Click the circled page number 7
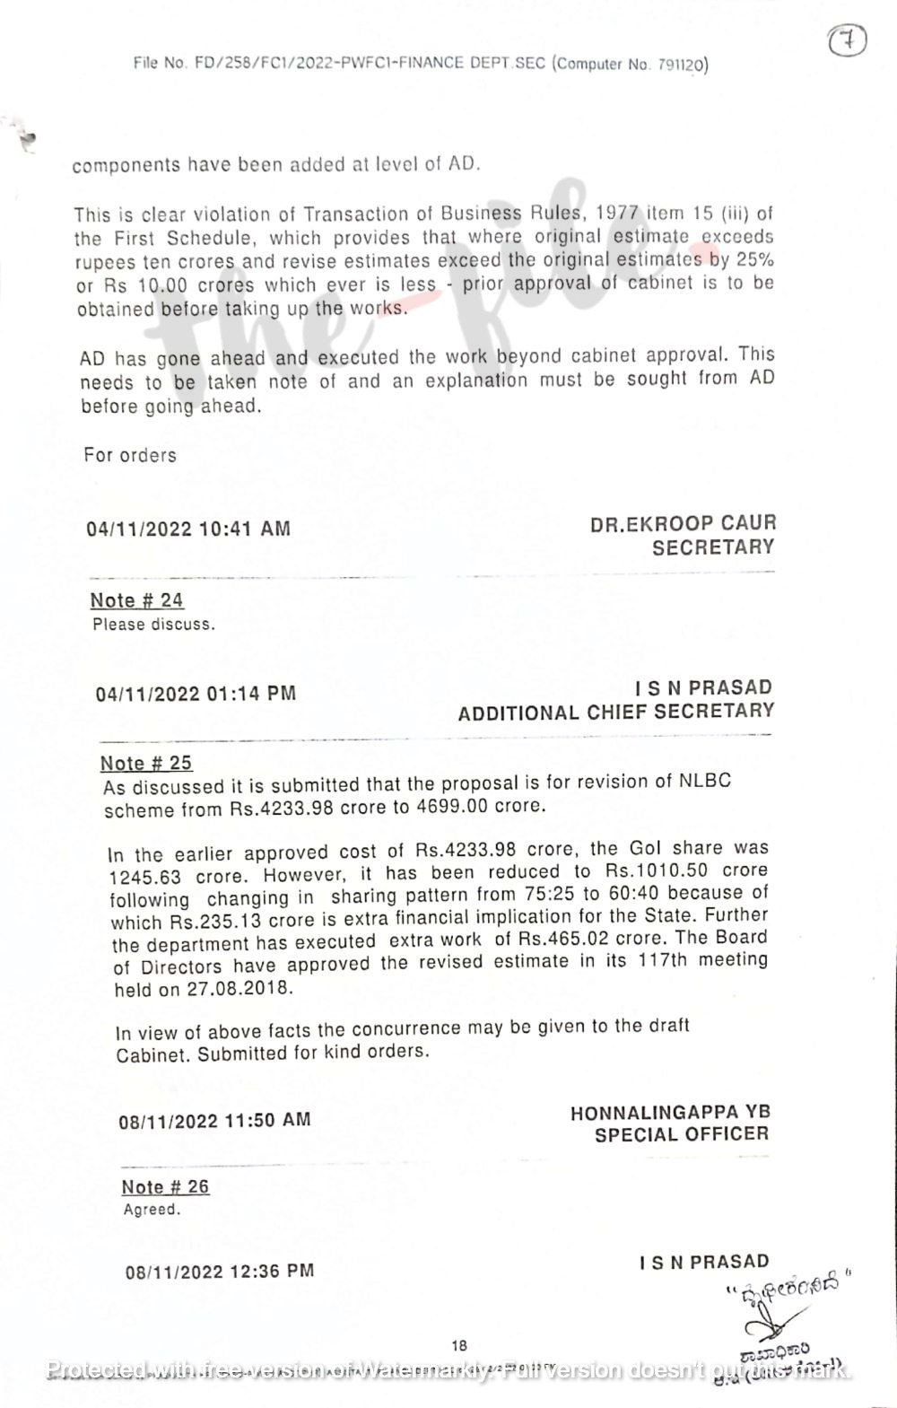847,41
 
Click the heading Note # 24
136,600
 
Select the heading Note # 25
146,763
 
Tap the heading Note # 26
165,1186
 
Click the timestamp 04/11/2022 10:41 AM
188,529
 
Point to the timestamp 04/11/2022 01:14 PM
196,694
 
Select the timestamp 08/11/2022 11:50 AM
214,1120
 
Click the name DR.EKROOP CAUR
683,523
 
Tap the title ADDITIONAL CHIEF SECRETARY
615,713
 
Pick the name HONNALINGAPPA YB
670,1113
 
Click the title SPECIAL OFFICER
682,1134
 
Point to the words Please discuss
153,625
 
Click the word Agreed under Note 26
151,1210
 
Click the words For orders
130,455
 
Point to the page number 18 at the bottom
459,1345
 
